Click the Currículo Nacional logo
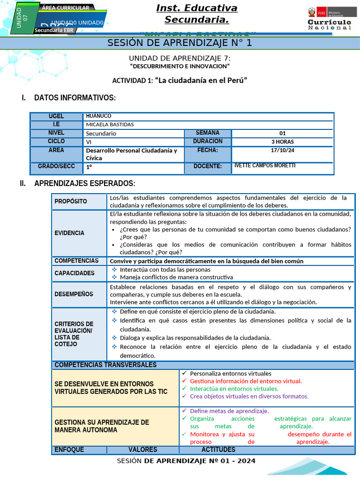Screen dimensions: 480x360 329,19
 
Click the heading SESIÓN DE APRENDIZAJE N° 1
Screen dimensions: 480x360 180,43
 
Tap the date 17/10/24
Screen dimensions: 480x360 282,150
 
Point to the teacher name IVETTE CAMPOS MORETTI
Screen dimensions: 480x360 264,166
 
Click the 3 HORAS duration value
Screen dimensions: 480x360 282,142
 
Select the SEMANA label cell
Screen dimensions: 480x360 207,133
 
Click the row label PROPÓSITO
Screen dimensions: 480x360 71,201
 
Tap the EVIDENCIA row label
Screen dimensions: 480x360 69,233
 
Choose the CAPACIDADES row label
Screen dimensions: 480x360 74,273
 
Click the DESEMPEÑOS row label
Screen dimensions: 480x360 74,294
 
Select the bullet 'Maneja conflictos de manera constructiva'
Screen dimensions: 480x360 176,277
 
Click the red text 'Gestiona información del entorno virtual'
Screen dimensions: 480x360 246,381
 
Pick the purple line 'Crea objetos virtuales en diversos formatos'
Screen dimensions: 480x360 249,396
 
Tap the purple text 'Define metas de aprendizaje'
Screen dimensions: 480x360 229,411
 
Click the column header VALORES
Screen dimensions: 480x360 142,450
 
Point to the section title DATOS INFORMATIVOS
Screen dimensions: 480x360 75,97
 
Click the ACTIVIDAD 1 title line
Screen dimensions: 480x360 180,80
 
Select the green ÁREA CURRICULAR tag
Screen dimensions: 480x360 65,8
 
